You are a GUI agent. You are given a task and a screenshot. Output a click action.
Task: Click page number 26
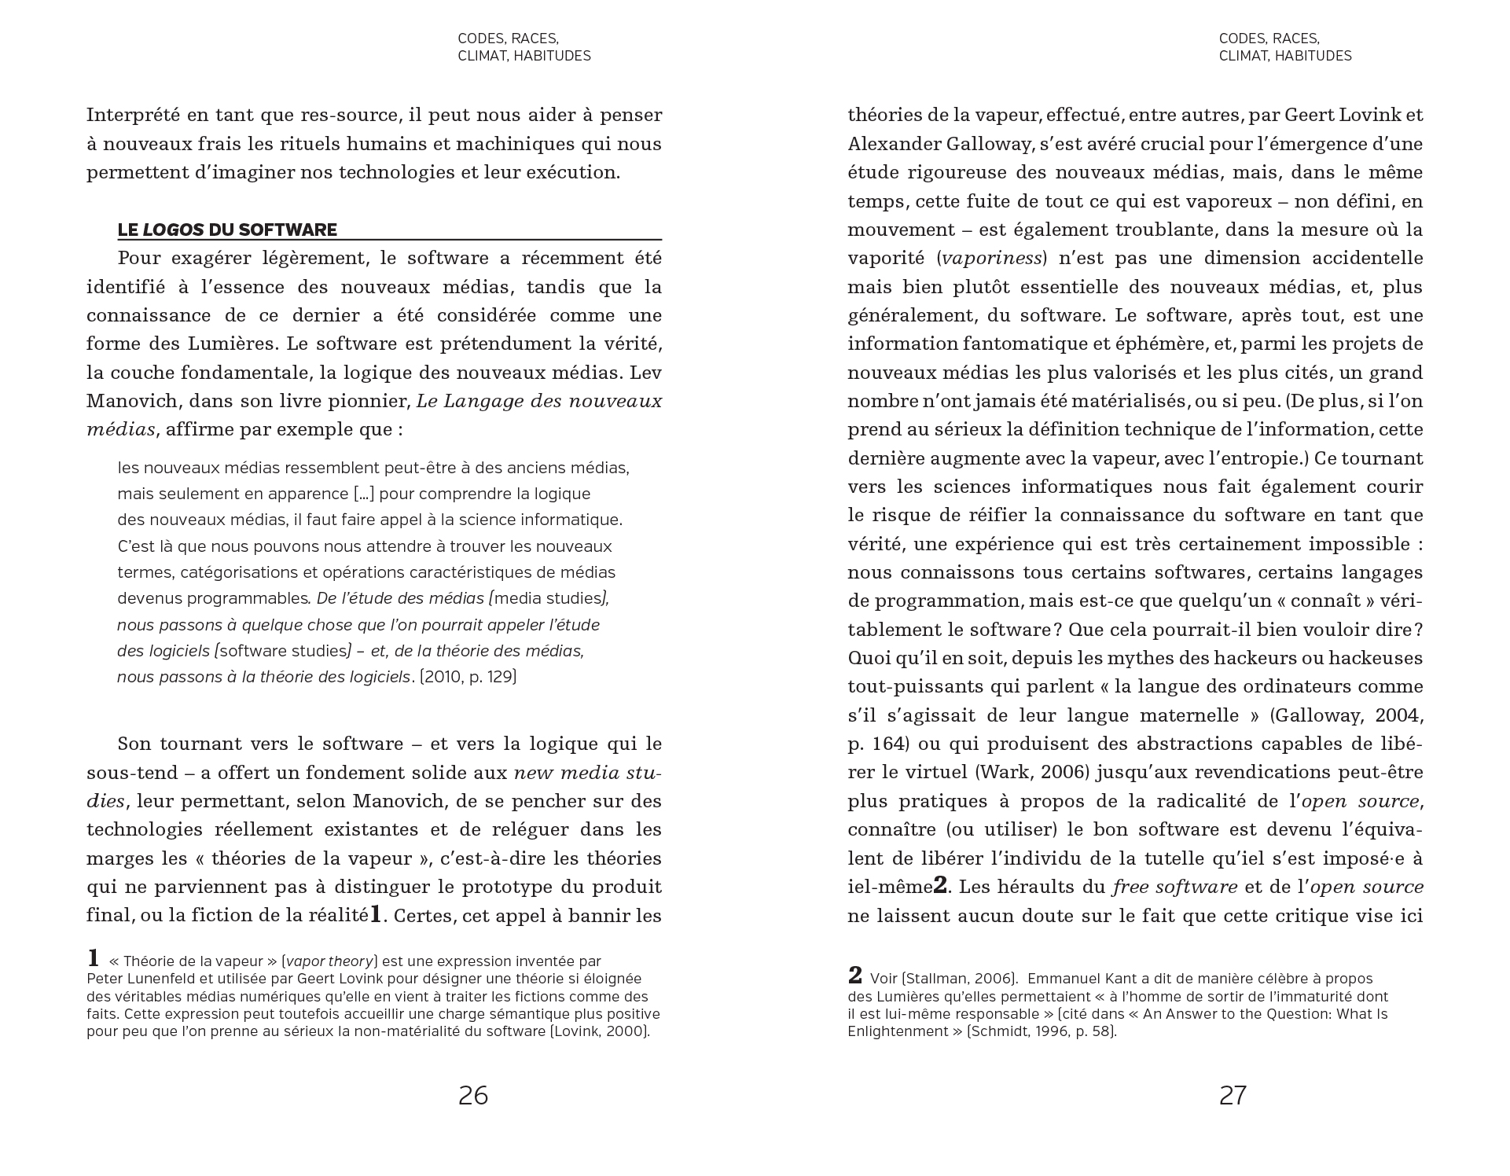pos(473,1095)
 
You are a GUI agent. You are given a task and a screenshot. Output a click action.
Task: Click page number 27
pos(1233,1095)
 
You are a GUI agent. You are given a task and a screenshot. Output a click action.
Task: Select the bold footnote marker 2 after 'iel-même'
pos(940,886)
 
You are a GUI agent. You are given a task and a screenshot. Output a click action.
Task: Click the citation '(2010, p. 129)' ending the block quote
pos(468,677)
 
